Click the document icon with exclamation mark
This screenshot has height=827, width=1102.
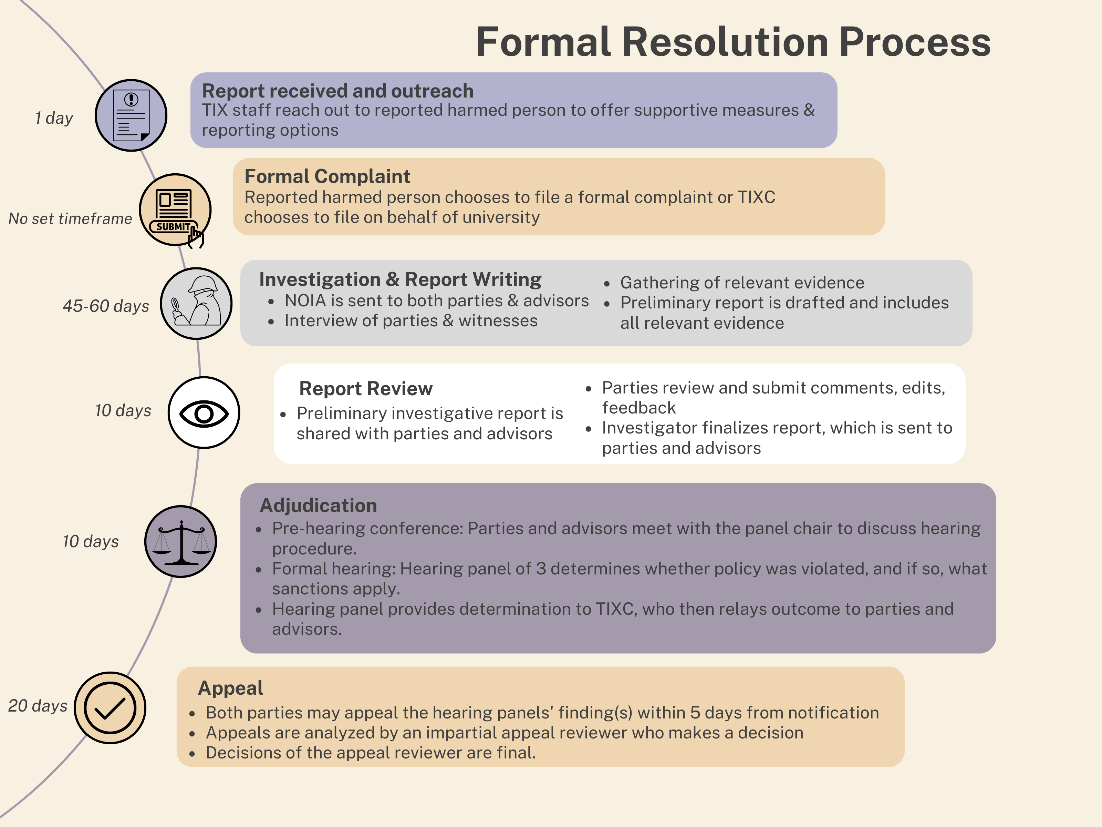(131, 115)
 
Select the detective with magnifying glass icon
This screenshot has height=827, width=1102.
(196, 303)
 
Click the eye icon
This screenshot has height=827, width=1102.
(204, 413)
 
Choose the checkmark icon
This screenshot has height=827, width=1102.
(110, 707)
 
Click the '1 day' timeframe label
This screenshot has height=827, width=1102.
(54, 118)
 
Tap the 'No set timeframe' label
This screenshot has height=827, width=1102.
(70, 218)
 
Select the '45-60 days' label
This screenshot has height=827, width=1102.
(106, 306)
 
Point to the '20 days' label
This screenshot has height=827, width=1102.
(38, 705)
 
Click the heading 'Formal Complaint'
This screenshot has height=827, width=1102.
(327, 176)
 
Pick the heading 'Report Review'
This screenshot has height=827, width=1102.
(366, 388)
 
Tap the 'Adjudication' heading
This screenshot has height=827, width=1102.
(318, 506)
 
